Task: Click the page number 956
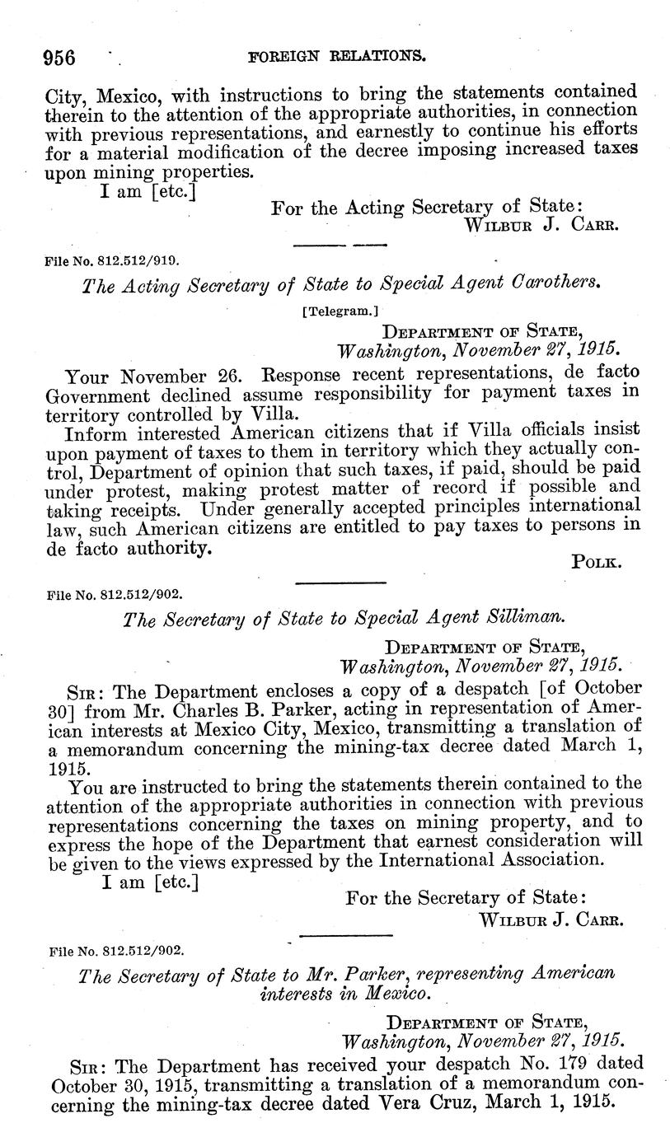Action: pos(59,58)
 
